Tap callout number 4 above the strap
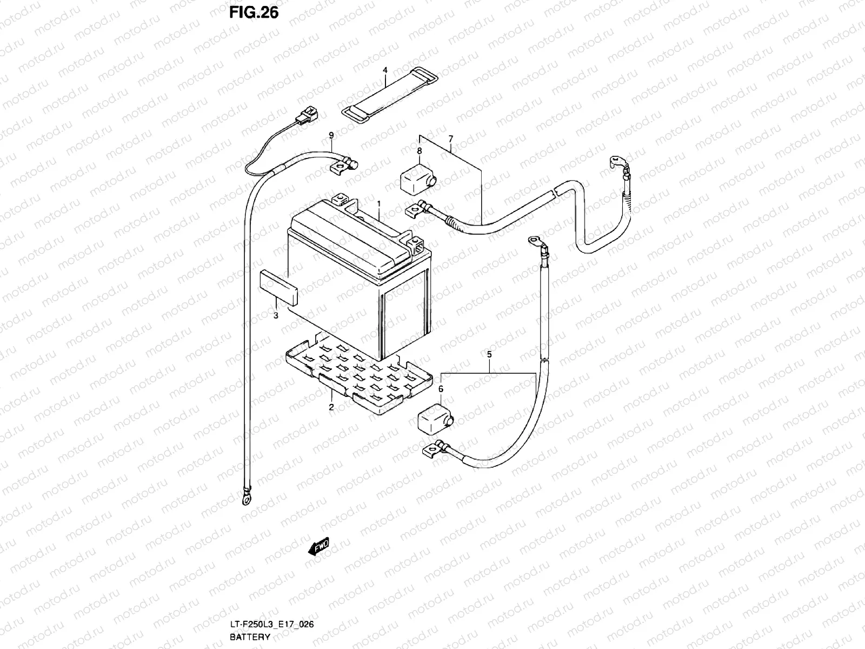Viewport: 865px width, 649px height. tap(385, 70)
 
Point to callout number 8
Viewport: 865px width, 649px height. tap(419, 151)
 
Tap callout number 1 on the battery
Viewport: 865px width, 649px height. tap(379, 204)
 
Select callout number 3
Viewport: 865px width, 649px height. tap(275, 316)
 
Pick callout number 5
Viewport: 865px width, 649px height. tap(489, 355)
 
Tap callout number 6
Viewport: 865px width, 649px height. tap(441, 388)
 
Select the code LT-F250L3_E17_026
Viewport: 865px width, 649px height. tap(271, 625)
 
